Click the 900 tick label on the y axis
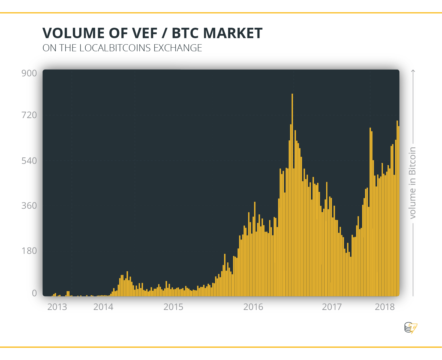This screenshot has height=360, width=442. click(x=29, y=73)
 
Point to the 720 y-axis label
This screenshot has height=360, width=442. click(x=29, y=115)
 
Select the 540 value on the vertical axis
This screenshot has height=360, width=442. click(x=29, y=161)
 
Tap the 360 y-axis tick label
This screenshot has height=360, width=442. click(x=29, y=206)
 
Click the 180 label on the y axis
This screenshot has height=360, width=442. click(x=29, y=251)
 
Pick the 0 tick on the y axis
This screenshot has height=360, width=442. click(x=34, y=293)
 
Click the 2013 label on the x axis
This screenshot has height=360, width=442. click(x=57, y=307)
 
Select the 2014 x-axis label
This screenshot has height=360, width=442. click(x=103, y=307)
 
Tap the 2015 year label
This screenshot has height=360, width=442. click(x=173, y=307)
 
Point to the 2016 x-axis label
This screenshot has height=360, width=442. click(x=253, y=307)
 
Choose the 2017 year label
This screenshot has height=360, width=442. click(x=332, y=307)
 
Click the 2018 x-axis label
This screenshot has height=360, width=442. click(x=384, y=307)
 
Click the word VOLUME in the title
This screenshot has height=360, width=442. click(x=73, y=33)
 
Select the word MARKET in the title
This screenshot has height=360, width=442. click(x=233, y=33)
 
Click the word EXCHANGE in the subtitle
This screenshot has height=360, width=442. click(x=178, y=48)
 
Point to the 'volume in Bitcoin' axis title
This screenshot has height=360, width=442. click(x=412, y=183)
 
